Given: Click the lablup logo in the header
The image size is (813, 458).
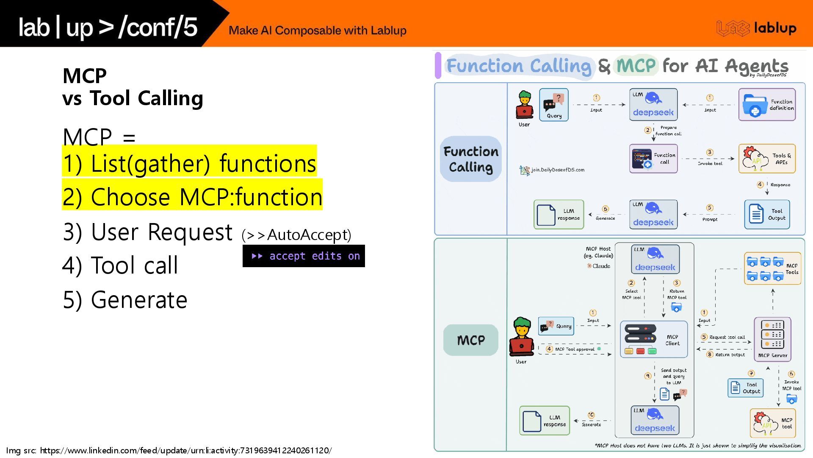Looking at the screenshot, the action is (756, 28).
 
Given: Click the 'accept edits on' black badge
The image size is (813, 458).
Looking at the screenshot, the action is (304, 256).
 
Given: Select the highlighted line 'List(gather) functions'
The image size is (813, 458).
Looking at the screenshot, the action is (189, 163).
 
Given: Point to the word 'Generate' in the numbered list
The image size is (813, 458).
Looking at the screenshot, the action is (139, 300).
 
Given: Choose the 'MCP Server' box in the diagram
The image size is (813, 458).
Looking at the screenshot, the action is (772, 339).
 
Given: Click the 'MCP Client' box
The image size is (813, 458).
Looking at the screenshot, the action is (654, 339).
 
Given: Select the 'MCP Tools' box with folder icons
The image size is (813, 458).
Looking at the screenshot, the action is (772, 268).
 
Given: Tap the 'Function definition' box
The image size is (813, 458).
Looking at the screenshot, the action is (767, 105).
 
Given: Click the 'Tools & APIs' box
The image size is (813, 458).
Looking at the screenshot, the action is (767, 159).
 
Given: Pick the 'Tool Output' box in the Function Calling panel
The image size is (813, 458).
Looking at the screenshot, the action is (767, 214).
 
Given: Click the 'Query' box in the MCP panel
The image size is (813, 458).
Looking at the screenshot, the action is (556, 326).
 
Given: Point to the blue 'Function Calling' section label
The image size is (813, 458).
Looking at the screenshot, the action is (471, 159).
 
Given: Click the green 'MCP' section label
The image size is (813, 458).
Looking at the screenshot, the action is (471, 340).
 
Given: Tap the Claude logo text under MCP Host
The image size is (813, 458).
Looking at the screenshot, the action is (599, 266).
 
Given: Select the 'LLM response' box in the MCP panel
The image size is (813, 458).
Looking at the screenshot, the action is (545, 421).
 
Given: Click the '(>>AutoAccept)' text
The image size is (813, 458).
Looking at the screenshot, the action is (296, 235).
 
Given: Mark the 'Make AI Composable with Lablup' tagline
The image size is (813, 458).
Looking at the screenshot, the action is (318, 31).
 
